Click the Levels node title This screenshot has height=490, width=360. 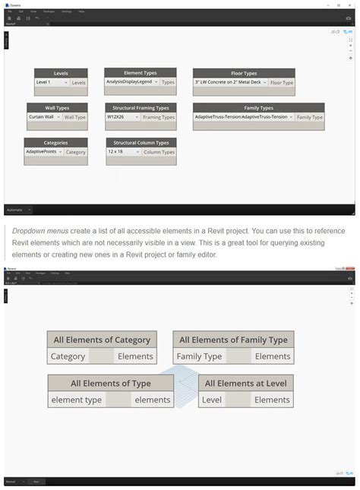[61, 73]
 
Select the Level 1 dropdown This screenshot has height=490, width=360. [52, 82]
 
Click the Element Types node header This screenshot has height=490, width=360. [140, 73]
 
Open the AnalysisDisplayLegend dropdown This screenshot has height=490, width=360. [132, 81]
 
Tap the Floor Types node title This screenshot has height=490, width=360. [244, 73]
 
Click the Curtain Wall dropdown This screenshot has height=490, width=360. [44, 117]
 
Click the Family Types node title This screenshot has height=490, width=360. [258, 108]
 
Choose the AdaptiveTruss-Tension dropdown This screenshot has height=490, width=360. [243, 117]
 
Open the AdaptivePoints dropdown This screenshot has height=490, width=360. [45, 152]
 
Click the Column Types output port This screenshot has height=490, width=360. [159, 152]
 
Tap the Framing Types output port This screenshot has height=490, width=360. [159, 117]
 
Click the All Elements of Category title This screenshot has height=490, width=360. [102, 340]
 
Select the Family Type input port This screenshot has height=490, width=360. [199, 356]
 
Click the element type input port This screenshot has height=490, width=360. [76, 400]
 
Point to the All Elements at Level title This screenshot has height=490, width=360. [246, 384]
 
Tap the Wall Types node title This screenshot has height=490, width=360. [56, 108]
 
